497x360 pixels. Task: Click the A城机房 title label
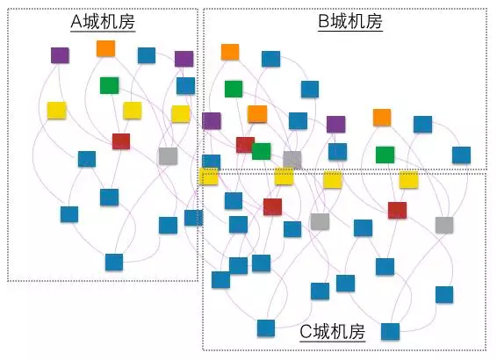(x=103, y=22)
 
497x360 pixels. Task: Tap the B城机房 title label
(x=350, y=22)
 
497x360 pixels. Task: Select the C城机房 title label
(x=333, y=332)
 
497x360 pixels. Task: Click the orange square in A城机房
(x=106, y=48)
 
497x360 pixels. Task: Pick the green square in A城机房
(x=110, y=85)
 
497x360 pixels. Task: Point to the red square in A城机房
(x=121, y=141)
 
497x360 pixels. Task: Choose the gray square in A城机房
(x=168, y=156)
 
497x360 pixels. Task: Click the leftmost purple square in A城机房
(x=60, y=55)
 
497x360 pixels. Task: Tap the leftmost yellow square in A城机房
(x=57, y=111)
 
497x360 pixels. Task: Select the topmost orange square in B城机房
(x=230, y=52)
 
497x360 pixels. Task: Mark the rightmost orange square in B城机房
(x=382, y=118)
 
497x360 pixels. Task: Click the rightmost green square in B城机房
(x=385, y=155)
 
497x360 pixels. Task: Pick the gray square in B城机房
(x=292, y=160)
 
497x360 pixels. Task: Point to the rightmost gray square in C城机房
(x=444, y=225)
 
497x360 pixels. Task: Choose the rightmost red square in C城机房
(x=397, y=211)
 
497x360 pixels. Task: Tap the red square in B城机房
(x=245, y=145)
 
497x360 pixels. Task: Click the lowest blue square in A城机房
(x=114, y=262)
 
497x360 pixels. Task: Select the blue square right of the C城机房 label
(x=390, y=332)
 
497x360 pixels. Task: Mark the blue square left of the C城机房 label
(x=266, y=328)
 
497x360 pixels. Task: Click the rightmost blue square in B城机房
(x=462, y=155)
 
